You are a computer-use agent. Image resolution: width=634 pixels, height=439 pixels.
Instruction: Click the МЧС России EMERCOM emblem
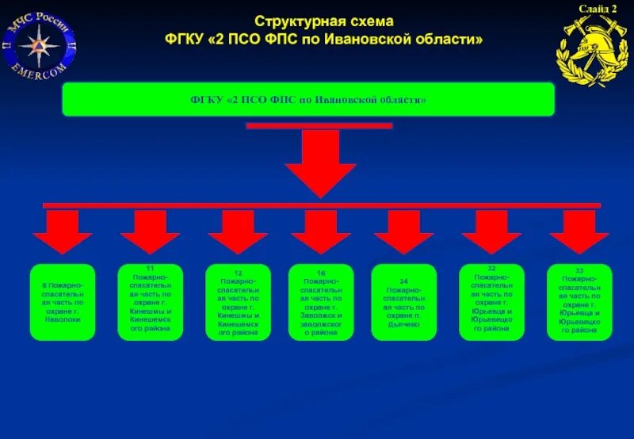[40, 46]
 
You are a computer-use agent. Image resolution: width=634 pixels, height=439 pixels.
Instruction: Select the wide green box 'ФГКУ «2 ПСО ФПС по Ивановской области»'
[308, 99]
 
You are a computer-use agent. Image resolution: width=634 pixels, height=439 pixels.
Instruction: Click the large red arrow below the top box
[320, 162]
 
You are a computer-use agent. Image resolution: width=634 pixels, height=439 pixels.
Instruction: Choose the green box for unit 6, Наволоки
[63, 302]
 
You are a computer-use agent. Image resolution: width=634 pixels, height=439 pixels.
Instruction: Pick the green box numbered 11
[151, 302]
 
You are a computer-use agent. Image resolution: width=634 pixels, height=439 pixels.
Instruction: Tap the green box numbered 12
[238, 302]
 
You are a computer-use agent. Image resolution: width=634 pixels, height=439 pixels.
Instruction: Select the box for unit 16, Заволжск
[320, 302]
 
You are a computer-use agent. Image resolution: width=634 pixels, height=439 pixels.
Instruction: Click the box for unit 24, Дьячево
[404, 302]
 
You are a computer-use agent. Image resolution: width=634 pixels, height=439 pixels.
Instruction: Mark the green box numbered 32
[491, 302]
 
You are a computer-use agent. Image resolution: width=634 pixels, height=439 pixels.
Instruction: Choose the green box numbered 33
[579, 302]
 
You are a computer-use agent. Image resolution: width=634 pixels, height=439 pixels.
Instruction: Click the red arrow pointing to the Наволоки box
[63, 231]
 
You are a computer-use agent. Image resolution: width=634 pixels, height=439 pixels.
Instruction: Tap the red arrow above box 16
[320, 231]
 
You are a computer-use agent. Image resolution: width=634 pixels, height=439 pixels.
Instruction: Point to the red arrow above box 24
[404, 231]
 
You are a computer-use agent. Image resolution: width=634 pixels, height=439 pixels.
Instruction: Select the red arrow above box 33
[579, 231]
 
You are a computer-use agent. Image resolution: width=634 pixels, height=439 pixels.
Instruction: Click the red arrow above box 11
[151, 231]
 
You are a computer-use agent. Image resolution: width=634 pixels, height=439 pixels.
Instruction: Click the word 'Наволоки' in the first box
[63, 319]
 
